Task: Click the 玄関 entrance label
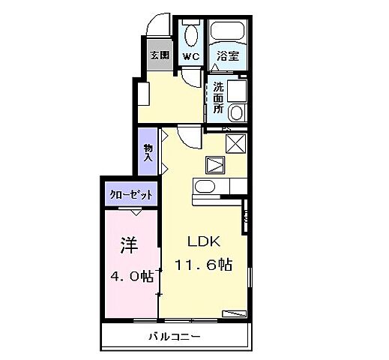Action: coord(159,55)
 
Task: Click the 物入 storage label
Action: coord(148,152)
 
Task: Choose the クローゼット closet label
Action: coord(131,194)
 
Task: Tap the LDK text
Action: coord(202,241)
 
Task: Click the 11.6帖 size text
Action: coord(202,265)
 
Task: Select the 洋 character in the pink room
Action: coord(128,245)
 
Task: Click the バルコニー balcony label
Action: coord(173,337)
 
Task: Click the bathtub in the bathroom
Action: coord(229,32)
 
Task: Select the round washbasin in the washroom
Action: coord(237,113)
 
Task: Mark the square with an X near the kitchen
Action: coord(237,142)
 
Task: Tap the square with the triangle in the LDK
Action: coord(216,164)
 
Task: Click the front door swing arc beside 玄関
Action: coord(157,25)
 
